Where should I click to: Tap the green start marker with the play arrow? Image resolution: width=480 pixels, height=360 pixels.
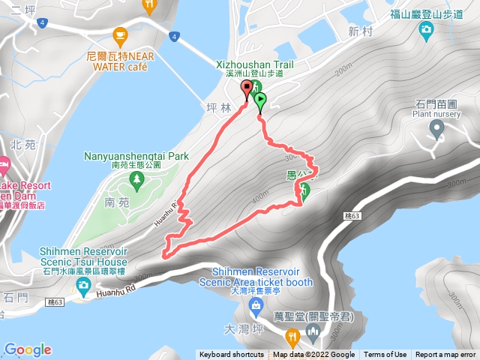click(259, 100)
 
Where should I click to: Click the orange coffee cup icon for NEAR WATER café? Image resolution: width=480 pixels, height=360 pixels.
click(119, 34)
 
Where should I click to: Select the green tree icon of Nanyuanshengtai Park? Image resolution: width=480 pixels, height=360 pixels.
click(136, 178)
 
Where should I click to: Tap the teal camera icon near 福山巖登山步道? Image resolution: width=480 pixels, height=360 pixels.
click(426, 30)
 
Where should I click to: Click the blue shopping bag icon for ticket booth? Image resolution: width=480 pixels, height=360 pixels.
click(256, 304)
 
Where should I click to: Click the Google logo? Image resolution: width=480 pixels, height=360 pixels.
click(27, 349)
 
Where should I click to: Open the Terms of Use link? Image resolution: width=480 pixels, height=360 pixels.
click(385, 355)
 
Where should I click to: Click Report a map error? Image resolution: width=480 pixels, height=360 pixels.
click(445, 355)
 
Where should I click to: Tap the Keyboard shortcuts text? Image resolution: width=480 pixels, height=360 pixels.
click(231, 355)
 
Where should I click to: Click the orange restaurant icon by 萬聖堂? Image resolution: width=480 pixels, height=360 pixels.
click(292, 335)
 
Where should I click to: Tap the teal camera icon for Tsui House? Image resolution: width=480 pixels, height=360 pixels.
click(82, 283)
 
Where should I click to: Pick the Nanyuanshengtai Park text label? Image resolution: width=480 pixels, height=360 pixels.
click(136, 157)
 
